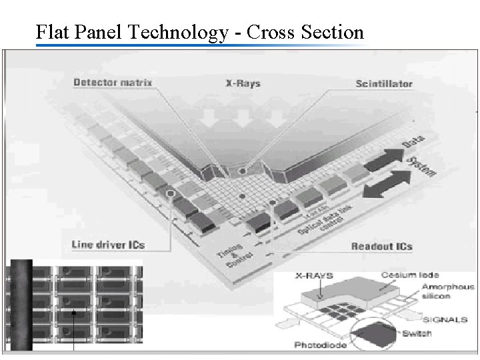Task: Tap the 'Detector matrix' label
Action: click(x=113, y=83)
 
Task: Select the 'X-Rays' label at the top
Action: click(x=241, y=84)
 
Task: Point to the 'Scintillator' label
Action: click(x=383, y=85)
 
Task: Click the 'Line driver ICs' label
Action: click(x=108, y=244)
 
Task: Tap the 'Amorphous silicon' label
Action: click(x=447, y=292)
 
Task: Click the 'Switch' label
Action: click(x=435, y=333)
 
